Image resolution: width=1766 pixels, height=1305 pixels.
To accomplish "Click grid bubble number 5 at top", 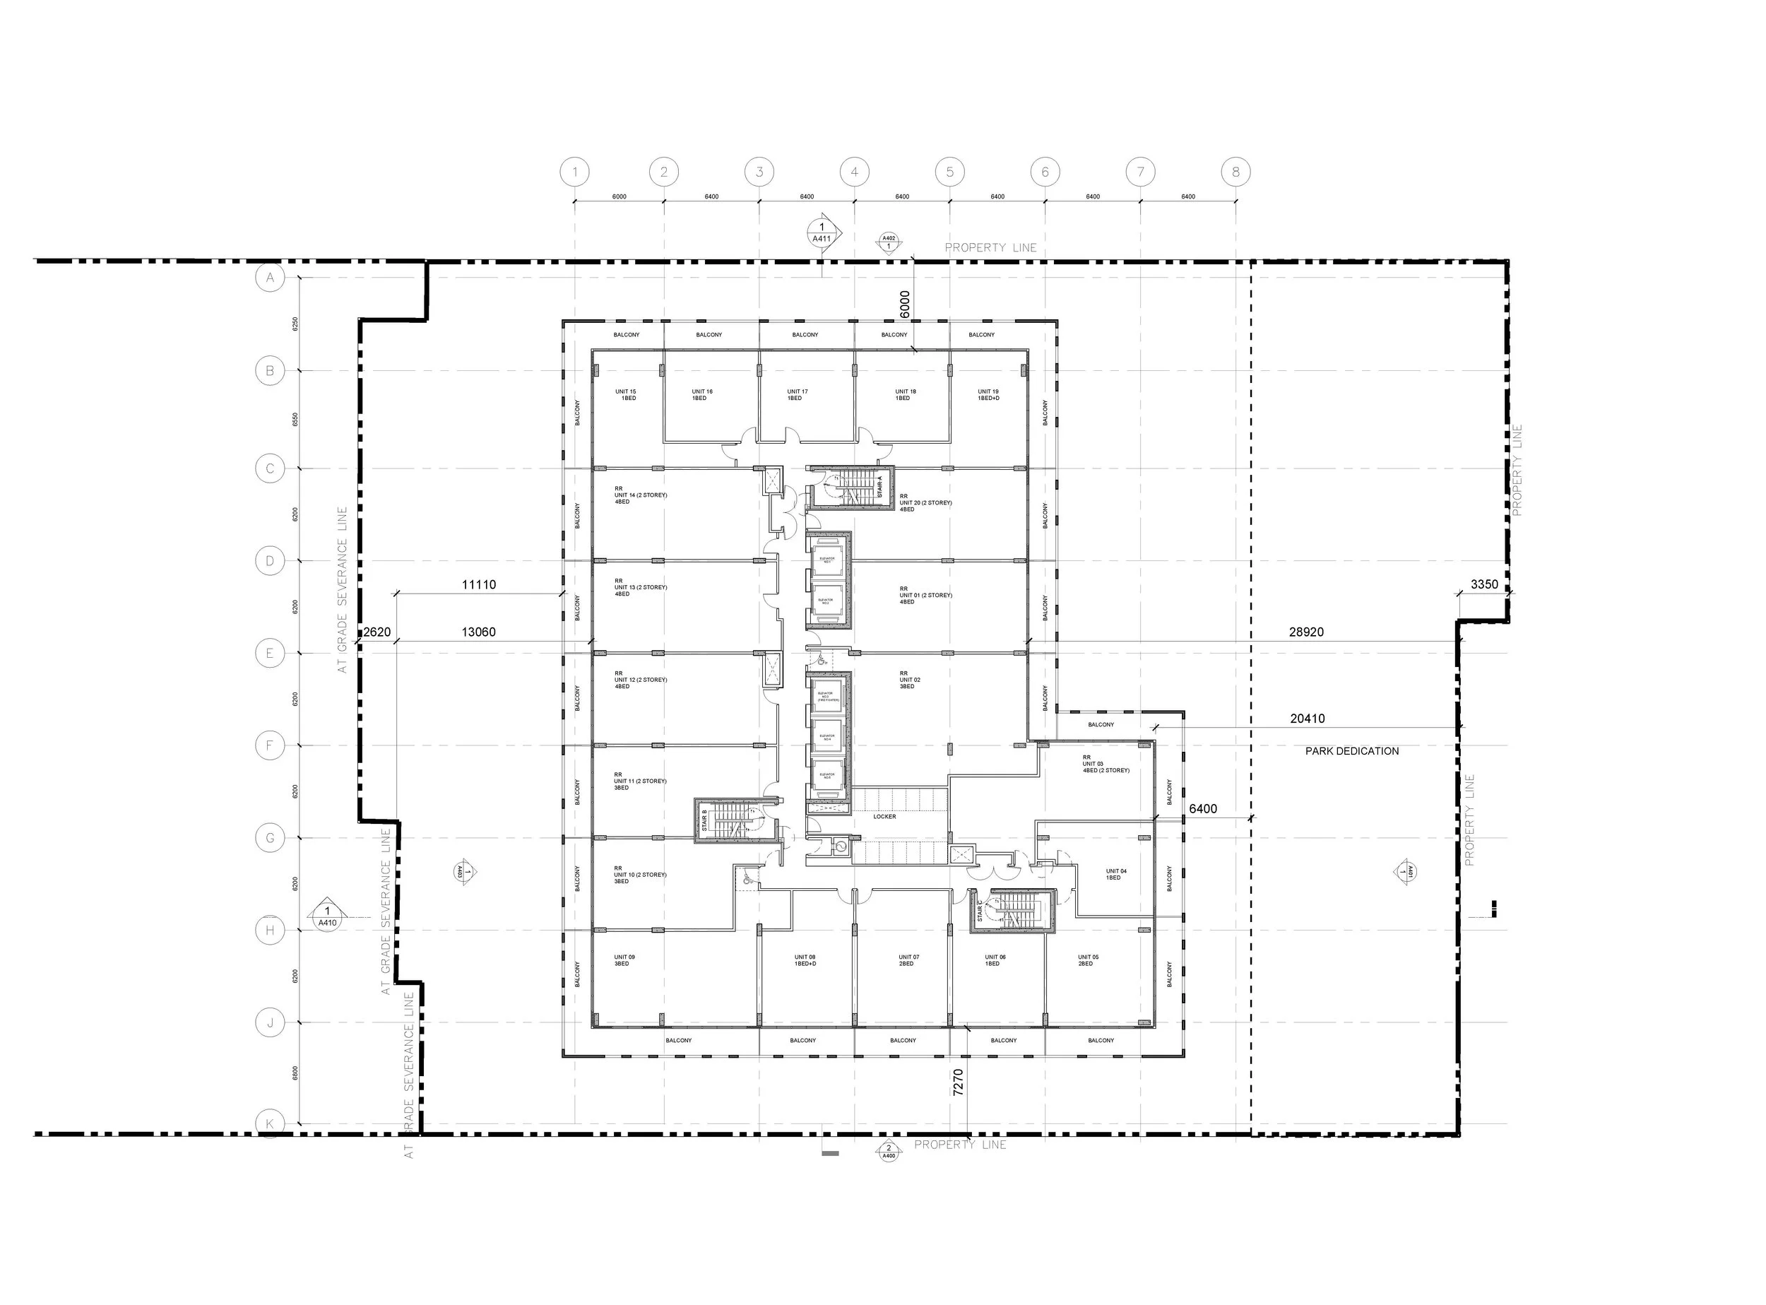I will (x=949, y=172).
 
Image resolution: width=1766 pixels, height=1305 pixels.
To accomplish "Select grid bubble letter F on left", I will (x=270, y=745).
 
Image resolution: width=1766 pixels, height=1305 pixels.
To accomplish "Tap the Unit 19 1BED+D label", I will (x=988, y=395).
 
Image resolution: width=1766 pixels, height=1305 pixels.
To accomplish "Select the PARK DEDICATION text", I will (x=1351, y=751).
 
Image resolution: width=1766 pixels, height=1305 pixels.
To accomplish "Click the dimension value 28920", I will (x=1306, y=632).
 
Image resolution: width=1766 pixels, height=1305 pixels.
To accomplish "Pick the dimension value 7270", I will (x=958, y=1082).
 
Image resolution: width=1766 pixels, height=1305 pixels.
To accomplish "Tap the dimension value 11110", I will (x=479, y=584).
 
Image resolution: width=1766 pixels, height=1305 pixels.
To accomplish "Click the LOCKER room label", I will (x=884, y=817).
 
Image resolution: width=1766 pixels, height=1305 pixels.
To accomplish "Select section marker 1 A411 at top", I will (x=822, y=232).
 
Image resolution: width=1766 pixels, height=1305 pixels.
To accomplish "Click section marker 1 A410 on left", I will (x=327, y=916).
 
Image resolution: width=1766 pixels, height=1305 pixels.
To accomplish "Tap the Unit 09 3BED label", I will (x=624, y=961).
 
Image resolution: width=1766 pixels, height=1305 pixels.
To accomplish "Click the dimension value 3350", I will (x=1484, y=584).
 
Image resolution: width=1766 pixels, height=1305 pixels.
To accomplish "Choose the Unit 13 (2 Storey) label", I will (x=641, y=590).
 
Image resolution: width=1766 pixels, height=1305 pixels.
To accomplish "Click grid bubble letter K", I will (x=270, y=1123).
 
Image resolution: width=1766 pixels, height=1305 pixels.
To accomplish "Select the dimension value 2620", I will (x=377, y=632).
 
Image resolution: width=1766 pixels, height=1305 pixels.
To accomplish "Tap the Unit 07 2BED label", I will (x=908, y=961).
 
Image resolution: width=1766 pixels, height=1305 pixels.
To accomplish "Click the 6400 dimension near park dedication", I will (x=1203, y=809).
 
